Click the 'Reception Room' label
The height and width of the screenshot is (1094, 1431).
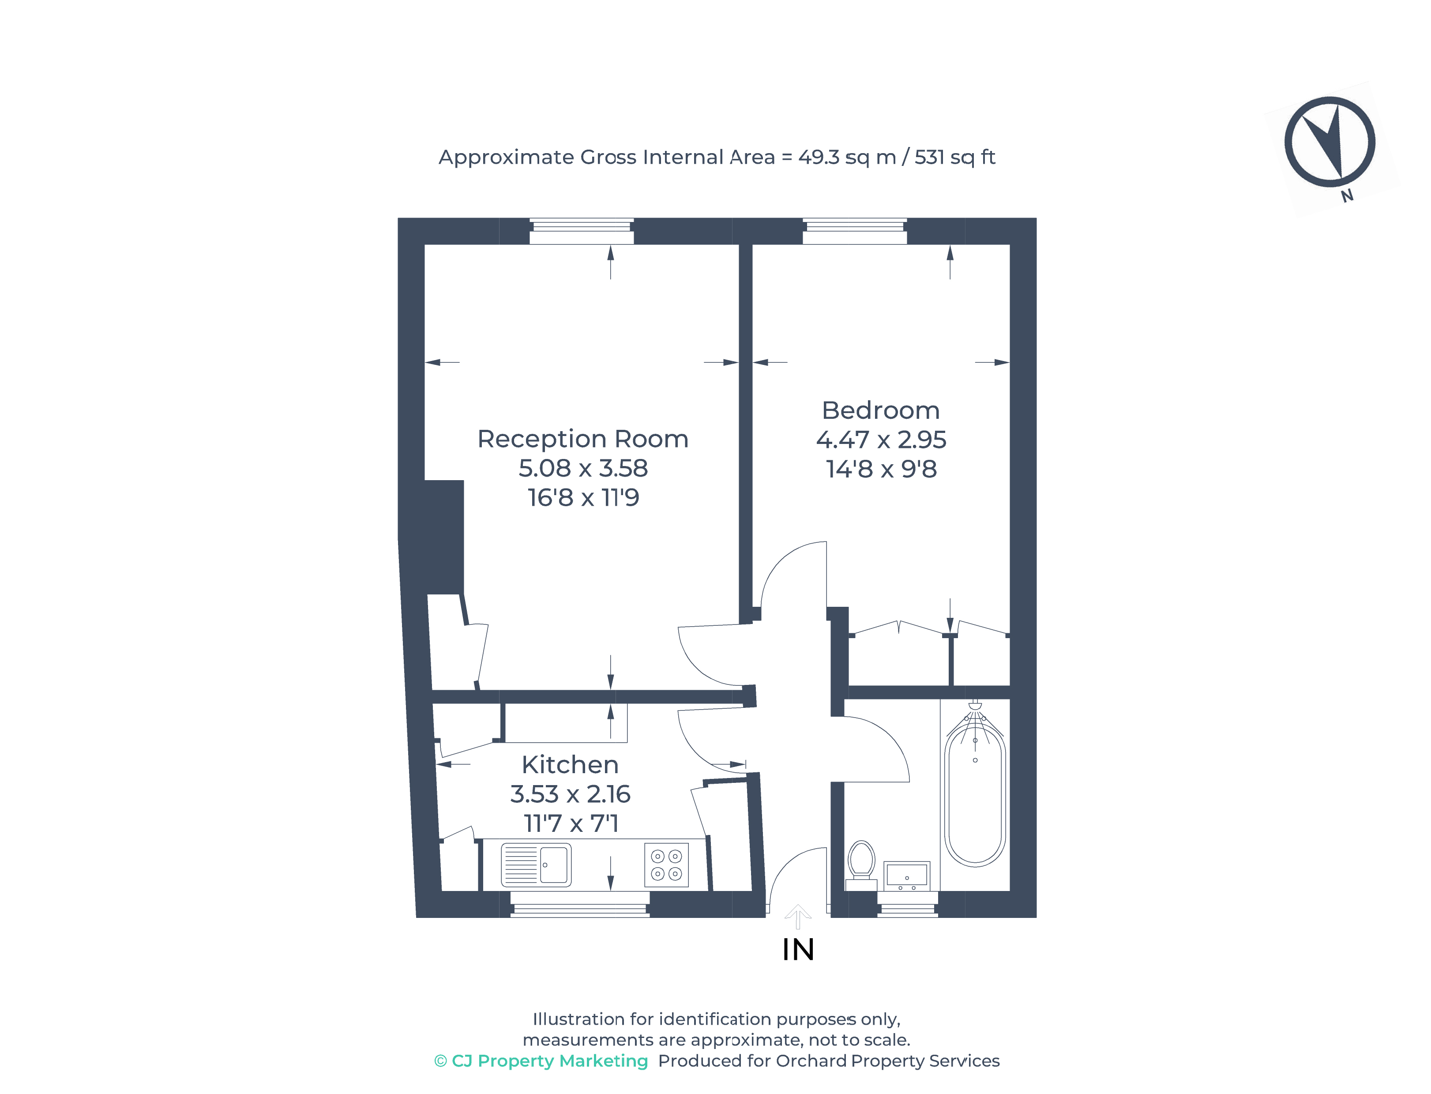point(583,439)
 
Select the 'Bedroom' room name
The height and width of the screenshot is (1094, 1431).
point(880,410)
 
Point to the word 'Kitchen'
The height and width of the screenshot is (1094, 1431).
point(570,764)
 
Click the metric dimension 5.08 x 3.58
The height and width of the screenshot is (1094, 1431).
point(583,468)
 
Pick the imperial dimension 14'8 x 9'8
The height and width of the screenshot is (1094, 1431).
point(881,469)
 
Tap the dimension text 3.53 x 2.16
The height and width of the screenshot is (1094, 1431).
point(570,794)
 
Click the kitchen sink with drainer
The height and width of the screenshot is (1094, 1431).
point(536,865)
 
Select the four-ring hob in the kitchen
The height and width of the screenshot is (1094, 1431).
point(666,865)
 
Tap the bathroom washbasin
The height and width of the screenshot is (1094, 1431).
point(907,875)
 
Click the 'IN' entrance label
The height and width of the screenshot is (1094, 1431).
point(798,949)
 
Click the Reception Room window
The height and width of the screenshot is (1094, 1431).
point(582,231)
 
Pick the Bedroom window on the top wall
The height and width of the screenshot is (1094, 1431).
point(854,231)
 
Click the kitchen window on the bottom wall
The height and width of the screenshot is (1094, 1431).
point(579,905)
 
